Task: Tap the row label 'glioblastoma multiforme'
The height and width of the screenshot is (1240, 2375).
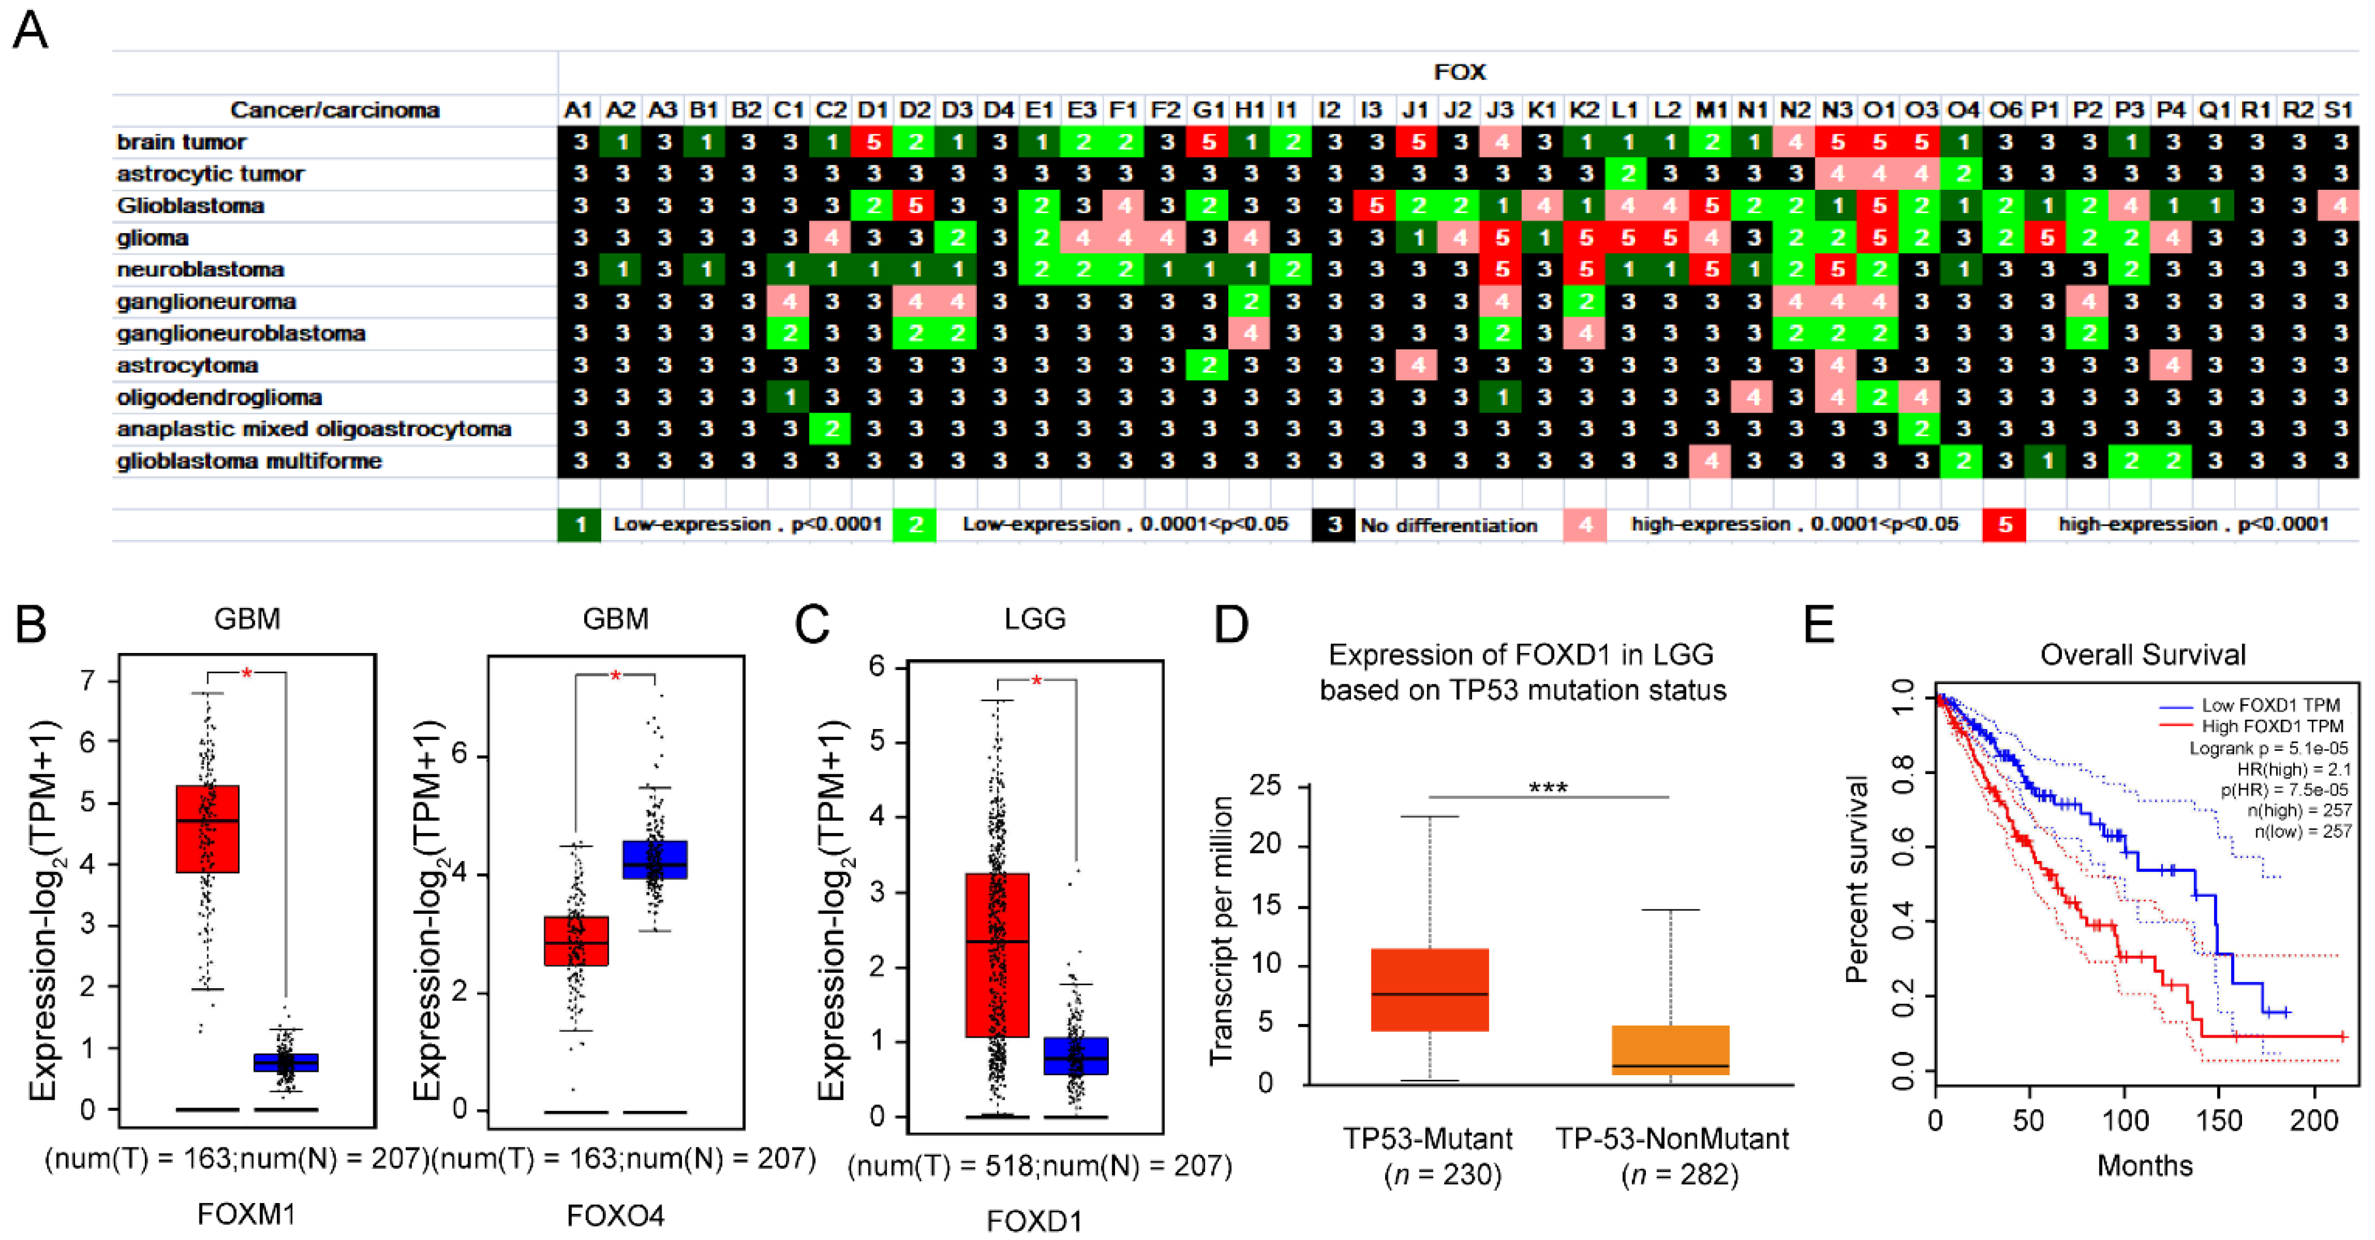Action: tap(249, 461)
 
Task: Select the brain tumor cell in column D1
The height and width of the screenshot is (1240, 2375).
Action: tap(873, 143)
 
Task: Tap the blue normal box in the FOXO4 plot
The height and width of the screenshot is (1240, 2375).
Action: tap(655, 859)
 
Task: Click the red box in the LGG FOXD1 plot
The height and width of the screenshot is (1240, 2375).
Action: tap(997, 954)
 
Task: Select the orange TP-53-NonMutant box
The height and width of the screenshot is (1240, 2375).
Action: tap(1670, 1049)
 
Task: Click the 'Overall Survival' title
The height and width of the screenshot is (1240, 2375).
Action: tap(2142, 655)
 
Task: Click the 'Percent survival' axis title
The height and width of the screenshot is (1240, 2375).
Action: tap(1856, 880)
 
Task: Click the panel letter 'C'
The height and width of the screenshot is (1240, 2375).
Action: tap(812, 625)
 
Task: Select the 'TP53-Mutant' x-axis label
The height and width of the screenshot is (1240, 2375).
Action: tap(1427, 1139)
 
